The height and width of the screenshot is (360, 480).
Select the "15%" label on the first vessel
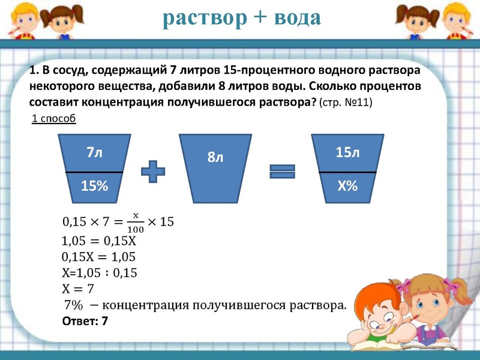coord(94,187)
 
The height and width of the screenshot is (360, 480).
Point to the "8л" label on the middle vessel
coord(215,158)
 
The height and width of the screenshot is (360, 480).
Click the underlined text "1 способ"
coord(53,118)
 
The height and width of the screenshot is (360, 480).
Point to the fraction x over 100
coord(135,221)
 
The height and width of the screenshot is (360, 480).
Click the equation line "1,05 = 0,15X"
coord(100,242)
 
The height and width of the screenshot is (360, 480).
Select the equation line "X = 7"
coord(78,289)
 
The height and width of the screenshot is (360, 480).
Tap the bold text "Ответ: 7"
coord(85,321)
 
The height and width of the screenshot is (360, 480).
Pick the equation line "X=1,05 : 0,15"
coord(100,273)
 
